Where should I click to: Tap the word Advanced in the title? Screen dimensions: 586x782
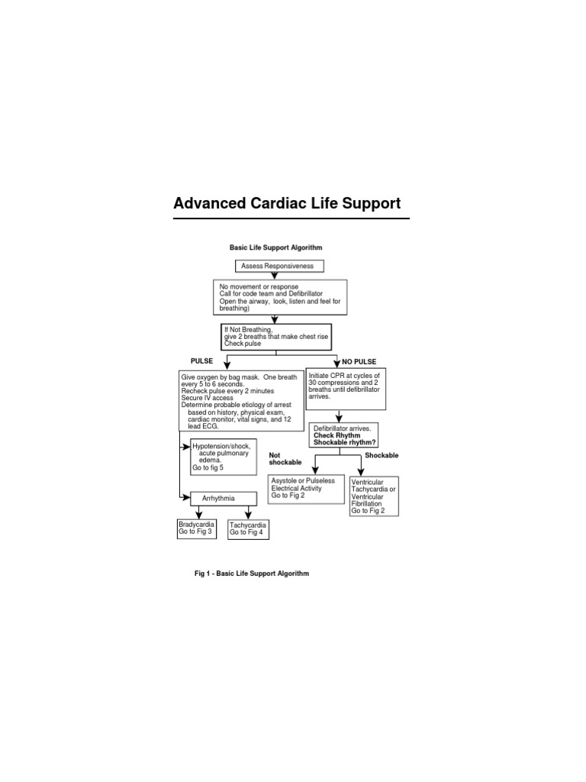pyautogui.click(x=210, y=203)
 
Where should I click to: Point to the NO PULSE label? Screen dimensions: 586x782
pyautogui.click(x=359, y=361)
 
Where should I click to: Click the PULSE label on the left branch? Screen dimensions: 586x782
pyautogui.click(x=201, y=361)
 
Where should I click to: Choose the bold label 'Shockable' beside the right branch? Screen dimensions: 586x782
pyautogui.click(x=382, y=455)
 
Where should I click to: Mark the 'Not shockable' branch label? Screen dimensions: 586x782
pyautogui.click(x=285, y=459)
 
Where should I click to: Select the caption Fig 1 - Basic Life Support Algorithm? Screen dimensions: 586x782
pyautogui.click(x=252, y=574)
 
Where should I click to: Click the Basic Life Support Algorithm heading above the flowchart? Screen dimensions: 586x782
pyautogui.click(x=275, y=247)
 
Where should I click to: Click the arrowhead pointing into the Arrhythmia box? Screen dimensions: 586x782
pyautogui.click(x=187, y=498)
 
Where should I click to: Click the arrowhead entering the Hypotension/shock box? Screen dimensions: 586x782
pyautogui.click(x=187, y=447)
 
